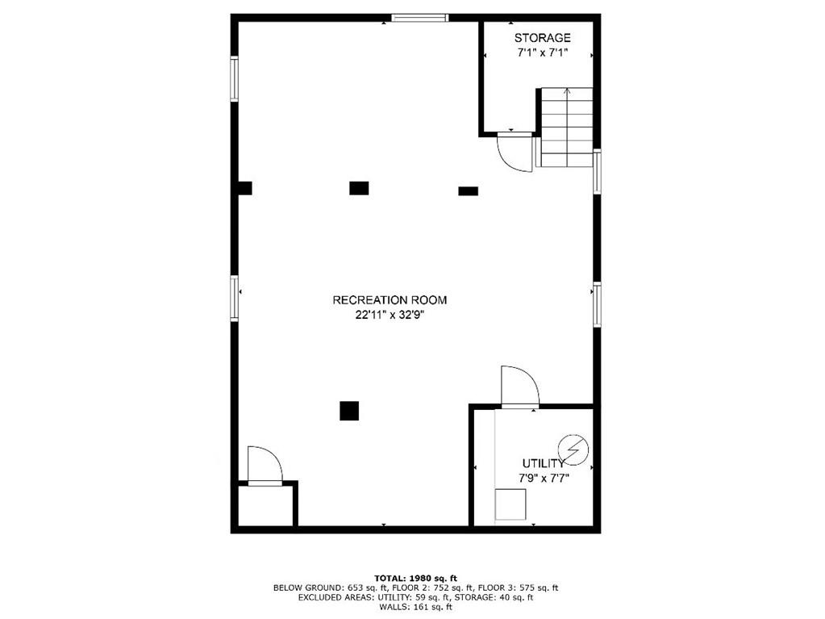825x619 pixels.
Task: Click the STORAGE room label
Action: point(542,38)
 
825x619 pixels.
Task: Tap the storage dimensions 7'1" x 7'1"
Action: point(542,52)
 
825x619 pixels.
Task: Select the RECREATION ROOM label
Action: point(390,300)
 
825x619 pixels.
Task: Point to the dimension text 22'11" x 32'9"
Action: point(390,316)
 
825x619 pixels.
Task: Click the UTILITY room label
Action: point(543,464)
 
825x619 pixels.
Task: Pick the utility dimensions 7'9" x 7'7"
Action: point(544,479)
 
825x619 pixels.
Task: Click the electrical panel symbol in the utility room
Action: point(573,450)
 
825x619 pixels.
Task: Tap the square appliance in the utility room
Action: point(510,504)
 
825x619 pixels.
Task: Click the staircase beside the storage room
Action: point(566,128)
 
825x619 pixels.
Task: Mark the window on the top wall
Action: point(419,18)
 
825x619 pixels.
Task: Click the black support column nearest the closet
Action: point(349,411)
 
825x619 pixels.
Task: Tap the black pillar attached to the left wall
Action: point(244,188)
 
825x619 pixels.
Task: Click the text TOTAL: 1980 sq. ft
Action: point(415,579)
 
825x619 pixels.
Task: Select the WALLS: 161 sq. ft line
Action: point(415,607)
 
